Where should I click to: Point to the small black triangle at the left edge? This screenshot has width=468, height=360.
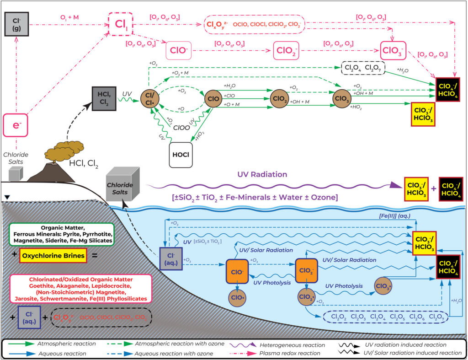(6, 197)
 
